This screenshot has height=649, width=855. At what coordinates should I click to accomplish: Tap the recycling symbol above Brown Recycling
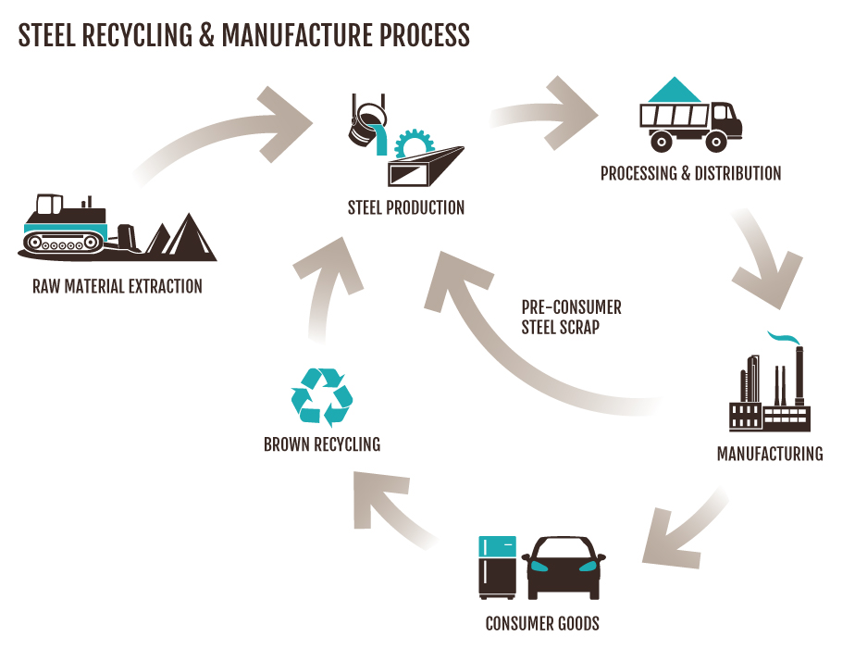pyautogui.click(x=321, y=396)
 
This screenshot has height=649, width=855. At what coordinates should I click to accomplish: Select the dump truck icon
pyautogui.click(x=689, y=125)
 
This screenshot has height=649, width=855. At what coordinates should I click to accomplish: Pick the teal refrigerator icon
pyautogui.click(x=496, y=567)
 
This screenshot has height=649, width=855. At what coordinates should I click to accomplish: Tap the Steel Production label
pyautogui.click(x=405, y=207)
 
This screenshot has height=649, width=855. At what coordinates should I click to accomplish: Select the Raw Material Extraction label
pyautogui.click(x=117, y=286)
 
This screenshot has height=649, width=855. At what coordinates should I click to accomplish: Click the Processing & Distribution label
pyautogui.click(x=690, y=173)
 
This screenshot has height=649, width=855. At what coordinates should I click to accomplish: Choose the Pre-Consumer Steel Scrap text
pyautogui.click(x=571, y=317)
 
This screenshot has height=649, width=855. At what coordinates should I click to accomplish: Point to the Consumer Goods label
pyautogui.click(x=542, y=623)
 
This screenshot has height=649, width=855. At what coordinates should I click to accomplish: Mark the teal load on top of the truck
pyautogui.click(x=675, y=90)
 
